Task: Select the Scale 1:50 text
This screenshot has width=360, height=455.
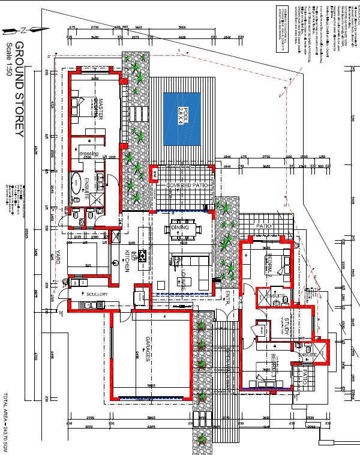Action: pyautogui.click(x=8, y=58)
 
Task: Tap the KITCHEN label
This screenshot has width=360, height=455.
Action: pyautogui.click(x=127, y=262)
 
